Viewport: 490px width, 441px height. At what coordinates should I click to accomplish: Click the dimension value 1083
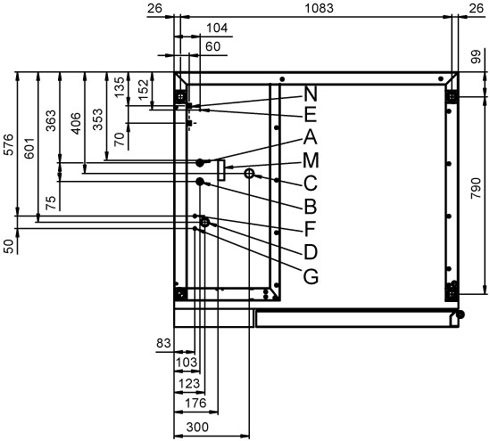click(319, 8)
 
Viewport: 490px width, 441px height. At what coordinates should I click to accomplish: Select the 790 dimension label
click(476, 188)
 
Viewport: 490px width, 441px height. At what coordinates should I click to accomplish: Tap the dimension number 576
click(8, 144)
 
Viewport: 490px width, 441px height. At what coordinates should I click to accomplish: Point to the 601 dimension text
click(29, 148)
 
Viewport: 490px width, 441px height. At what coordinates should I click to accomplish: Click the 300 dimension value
click(197, 427)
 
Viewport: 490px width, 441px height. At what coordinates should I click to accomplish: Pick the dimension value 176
click(196, 403)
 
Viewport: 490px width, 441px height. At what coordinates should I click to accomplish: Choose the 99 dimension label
click(476, 57)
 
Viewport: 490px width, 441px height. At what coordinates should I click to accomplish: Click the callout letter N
click(311, 94)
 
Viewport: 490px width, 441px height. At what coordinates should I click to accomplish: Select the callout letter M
click(311, 160)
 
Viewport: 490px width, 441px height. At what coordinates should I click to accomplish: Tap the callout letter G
click(311, 276)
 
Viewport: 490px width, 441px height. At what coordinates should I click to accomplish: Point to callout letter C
click(311, 184)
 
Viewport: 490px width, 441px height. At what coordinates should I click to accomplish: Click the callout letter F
click(310, 230)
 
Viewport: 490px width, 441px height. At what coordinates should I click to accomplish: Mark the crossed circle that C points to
click(249, 173)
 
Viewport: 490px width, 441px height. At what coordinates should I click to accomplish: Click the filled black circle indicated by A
click(200, 162)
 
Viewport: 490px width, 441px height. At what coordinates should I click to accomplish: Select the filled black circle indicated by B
click(200, 181)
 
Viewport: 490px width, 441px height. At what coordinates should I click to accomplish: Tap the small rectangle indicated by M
click(221, 170)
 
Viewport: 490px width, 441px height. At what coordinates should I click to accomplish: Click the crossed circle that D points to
click(204, 223)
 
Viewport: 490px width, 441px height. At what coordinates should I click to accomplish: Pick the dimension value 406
click(76, 123)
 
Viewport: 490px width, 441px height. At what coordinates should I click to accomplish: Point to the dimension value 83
click(163, 343)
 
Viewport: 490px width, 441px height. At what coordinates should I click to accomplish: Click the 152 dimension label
click(144, 89)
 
